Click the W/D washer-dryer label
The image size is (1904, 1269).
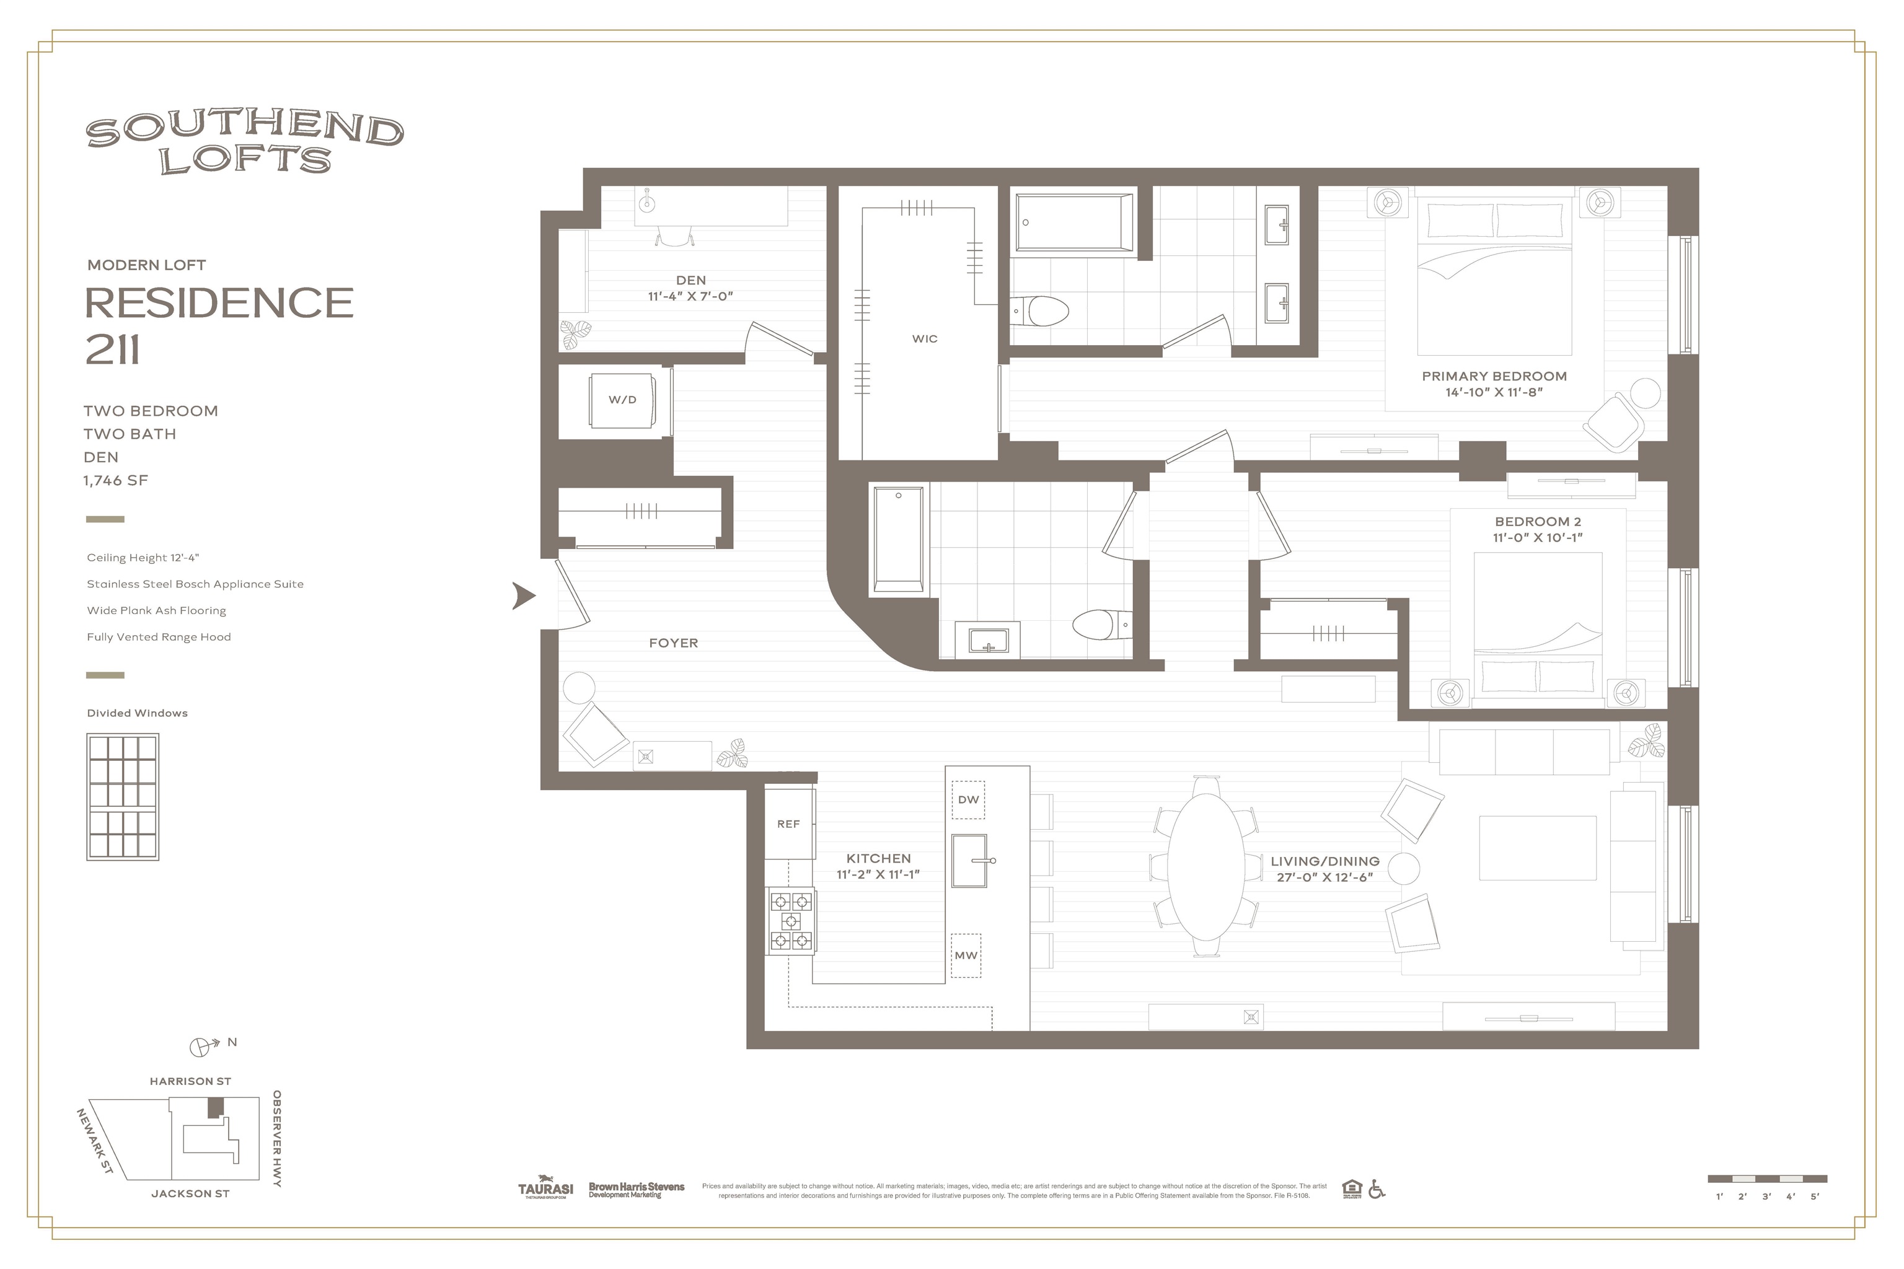pos(622,400)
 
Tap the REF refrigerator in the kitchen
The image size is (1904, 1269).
pos(788,824)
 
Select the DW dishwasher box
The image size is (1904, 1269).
pos(968,799)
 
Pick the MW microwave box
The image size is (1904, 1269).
pos(966,956)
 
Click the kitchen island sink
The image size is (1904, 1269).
pos(971,860)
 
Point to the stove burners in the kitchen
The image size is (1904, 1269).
pos(791,921)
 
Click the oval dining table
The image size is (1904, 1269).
pos(1206,867)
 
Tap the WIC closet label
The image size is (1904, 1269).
pos(925,339)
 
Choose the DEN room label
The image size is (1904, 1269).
pos(690,281)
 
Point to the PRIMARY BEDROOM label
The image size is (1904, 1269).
pos(1494,376)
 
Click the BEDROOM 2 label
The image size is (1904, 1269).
pos(1537,522)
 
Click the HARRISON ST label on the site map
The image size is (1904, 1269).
pos(190,1081)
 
